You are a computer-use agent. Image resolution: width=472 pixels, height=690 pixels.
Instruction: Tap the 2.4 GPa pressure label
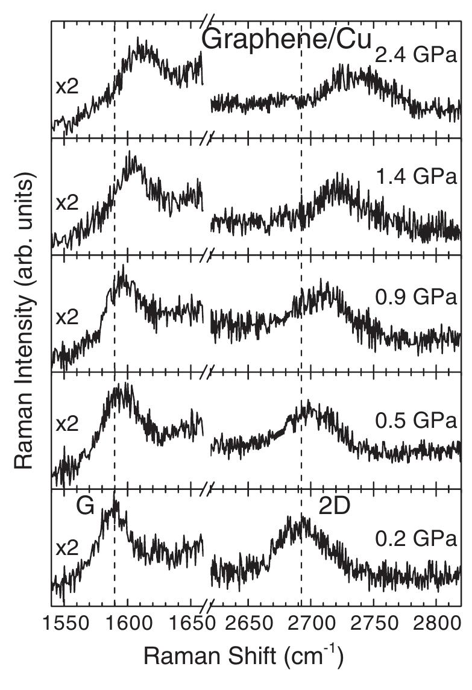point(415,57)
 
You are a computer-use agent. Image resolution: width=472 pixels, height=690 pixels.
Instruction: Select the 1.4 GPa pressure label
point(415,177)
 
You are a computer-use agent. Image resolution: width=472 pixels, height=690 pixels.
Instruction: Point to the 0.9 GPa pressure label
point(415,298)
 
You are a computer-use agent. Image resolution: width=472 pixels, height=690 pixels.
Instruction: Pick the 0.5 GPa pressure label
point(415,419)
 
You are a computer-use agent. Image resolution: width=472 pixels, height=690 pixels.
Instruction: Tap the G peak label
point(85,507)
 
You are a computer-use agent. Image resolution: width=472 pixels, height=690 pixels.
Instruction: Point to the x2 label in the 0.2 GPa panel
point(67,549)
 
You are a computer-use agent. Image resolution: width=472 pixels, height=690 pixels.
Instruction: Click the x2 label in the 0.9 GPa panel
point(67,317)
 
